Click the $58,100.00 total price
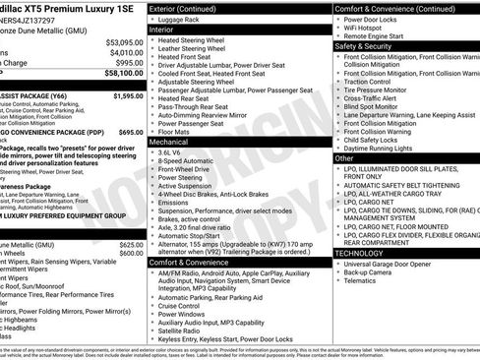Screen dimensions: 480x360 [119, 72]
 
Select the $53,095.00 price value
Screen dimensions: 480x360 [122, 42]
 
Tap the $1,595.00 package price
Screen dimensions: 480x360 [123, 96]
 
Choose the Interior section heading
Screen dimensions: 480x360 [168, 30]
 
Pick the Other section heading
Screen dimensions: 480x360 [344, 157]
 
